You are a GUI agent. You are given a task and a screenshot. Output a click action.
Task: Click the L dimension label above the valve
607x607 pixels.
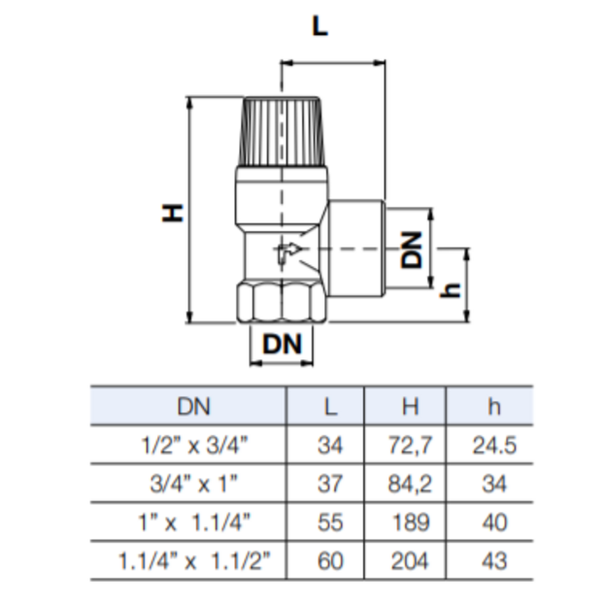320,27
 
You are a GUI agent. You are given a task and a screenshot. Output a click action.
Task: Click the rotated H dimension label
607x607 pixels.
172,213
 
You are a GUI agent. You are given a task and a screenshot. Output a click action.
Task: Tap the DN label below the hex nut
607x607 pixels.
282,344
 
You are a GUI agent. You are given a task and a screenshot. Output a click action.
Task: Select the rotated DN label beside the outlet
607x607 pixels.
412,250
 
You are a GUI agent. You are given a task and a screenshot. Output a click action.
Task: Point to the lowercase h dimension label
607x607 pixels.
451,290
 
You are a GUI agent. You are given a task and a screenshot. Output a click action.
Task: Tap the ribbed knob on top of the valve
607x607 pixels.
282,132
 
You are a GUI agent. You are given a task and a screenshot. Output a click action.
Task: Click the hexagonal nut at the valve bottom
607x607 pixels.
282,302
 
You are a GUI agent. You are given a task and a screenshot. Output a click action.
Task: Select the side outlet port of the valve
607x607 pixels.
356,249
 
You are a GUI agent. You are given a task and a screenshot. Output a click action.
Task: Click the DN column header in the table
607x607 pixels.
193,407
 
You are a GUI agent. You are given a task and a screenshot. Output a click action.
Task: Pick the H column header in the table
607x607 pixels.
411,407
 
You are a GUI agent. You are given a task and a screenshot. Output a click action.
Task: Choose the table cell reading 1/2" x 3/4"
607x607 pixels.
194,445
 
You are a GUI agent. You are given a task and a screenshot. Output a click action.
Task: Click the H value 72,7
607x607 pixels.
410,445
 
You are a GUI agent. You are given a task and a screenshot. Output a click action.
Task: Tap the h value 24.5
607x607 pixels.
494,445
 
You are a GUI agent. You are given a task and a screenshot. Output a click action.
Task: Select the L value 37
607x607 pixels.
330,484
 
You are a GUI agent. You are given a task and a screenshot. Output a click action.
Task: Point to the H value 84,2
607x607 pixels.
410,484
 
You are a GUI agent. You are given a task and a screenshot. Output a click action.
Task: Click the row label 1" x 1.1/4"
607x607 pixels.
194,523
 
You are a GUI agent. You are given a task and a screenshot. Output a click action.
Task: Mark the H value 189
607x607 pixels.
411,523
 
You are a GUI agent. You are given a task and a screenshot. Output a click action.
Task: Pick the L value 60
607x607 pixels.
330,561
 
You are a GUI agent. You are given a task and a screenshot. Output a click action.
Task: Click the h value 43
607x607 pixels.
494,561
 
